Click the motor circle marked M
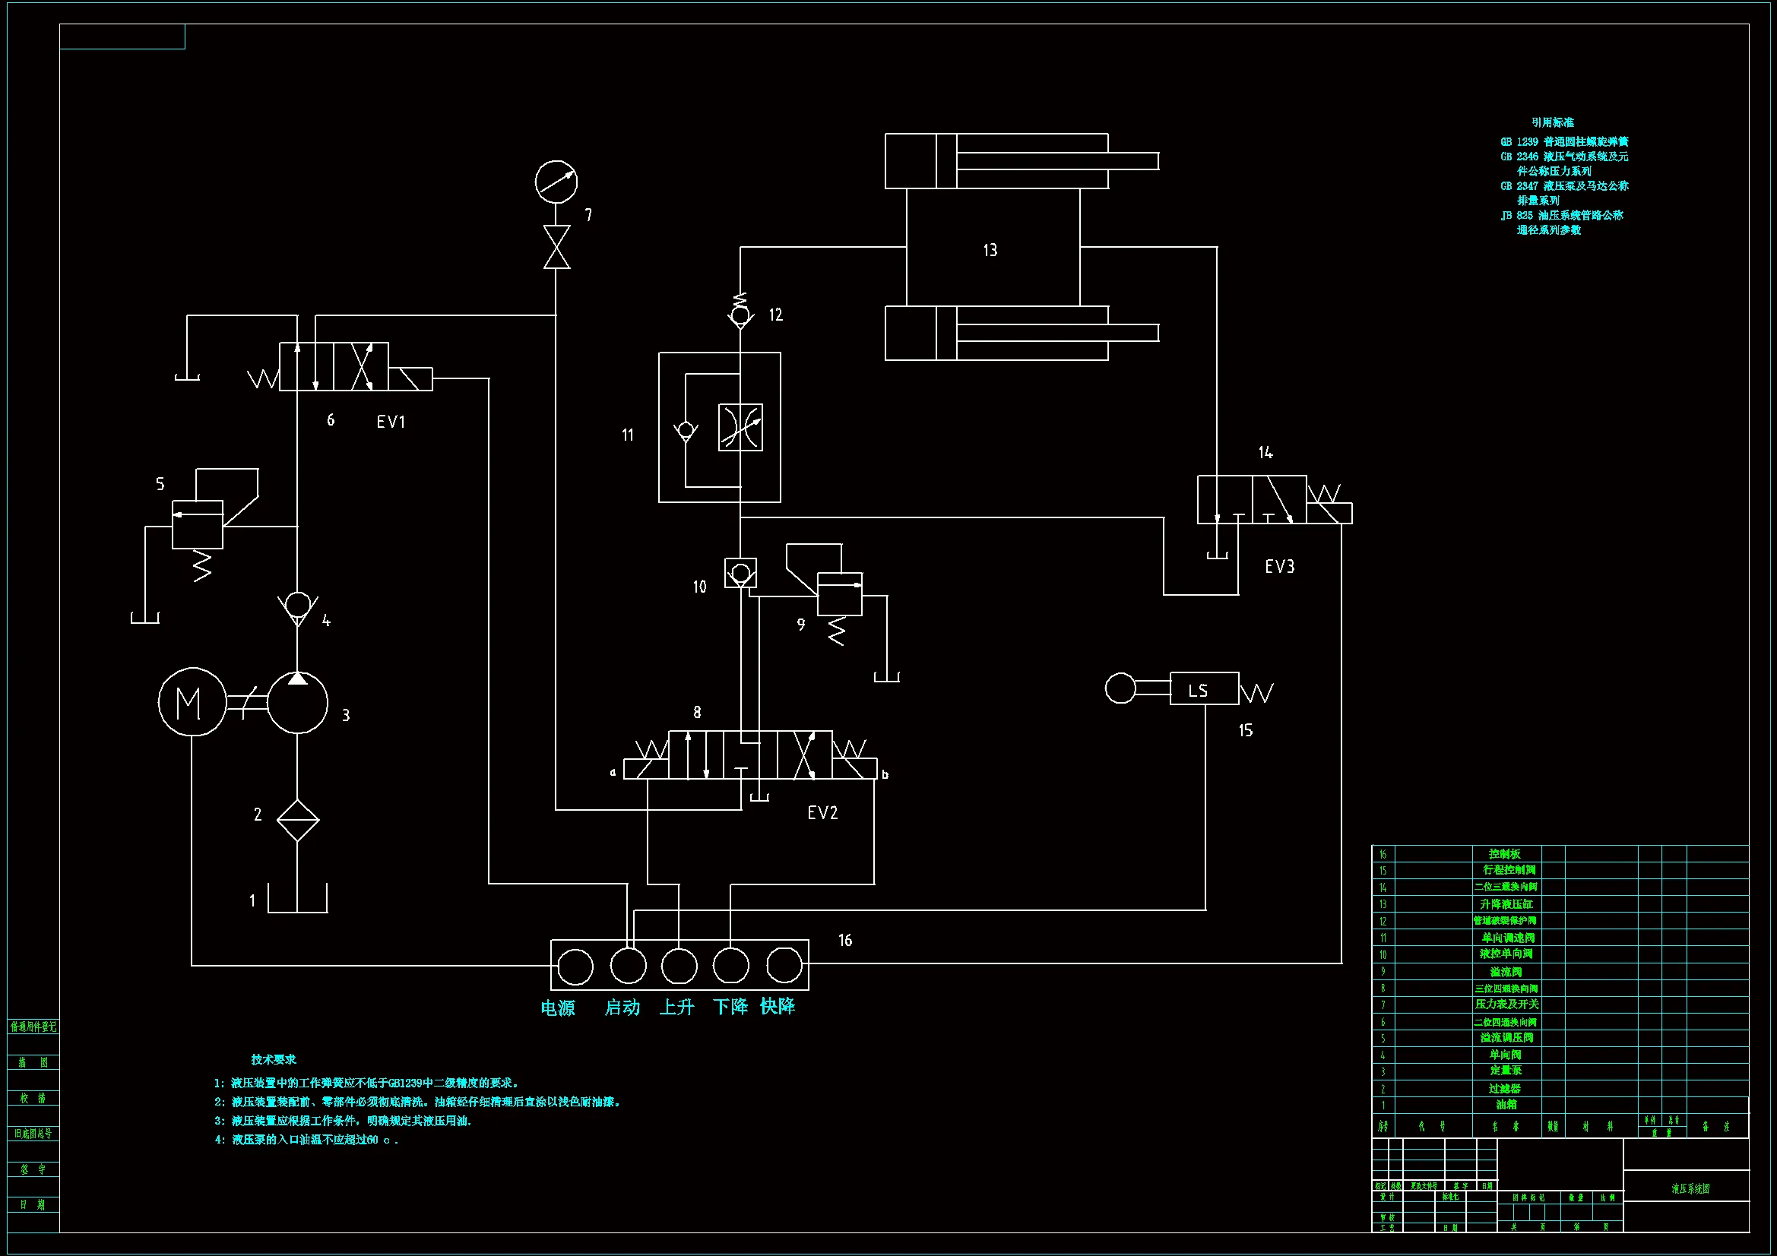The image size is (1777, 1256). coord(192,702)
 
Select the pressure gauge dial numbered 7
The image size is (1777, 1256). coord(556,182)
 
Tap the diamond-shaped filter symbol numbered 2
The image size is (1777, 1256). coord(298,820)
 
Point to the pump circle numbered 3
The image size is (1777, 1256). coord(298,703)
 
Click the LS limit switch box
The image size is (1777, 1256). coord(1203,688)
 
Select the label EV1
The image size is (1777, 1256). coord(391,422)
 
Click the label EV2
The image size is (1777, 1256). coord(822,812)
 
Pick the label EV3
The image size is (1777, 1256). coord(1279,567)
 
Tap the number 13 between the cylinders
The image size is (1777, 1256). coord(990,250)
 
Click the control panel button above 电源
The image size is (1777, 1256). coord(575,967)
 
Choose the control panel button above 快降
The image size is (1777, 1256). coord(784,965)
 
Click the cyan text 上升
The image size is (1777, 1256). coord(676,1007)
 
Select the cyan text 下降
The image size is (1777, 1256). coord(730,1007)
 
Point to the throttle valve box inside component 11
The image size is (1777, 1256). coord(741,427)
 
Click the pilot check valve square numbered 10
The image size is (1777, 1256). coord(741,574)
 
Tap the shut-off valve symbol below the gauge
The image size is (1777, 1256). coord(556,247)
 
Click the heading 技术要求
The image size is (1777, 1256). coord(273,1059)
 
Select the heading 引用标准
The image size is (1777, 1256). coord(1552,122)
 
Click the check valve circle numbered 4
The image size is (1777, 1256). coord(298,604)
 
